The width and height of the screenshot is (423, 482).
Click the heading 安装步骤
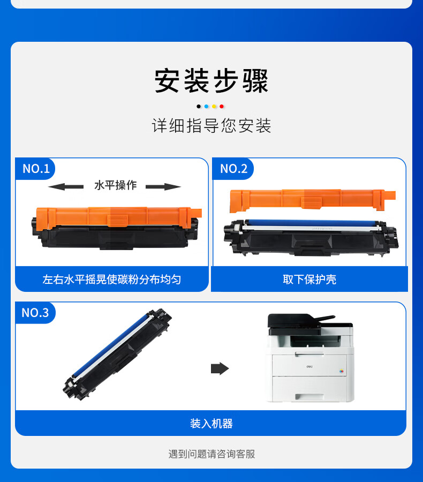pos(211,80)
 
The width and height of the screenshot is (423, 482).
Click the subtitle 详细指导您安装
pos(211,125)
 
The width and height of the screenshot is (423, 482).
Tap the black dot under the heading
pos(199,107)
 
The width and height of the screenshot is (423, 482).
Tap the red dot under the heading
pos(221,107)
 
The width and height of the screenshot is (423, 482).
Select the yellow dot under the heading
pos(214,107)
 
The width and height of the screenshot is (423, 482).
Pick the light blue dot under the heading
pos(206,107)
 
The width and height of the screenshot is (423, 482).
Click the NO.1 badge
pos(36,169)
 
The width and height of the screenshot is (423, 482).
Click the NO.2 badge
pos(233,169)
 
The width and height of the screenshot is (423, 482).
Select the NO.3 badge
pos(35,313)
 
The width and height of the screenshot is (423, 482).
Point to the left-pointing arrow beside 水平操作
pos(66,186)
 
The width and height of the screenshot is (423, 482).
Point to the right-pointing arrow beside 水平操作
pos(163,186)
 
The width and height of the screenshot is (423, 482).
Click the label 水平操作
pos(115,185)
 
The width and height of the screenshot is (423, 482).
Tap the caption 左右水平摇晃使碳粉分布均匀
pos(111,280)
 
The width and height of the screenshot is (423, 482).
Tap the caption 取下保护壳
pos(309,280)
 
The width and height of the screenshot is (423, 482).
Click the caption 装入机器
pos(211,423)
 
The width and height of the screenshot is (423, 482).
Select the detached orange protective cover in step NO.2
pos(312,200)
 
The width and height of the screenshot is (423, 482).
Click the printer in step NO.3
pos(311,358)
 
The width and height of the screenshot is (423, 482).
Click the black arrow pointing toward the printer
pos(220,368)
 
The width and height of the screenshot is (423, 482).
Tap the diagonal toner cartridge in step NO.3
pos(117,354)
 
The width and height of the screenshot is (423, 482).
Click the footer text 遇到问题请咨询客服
pos(211,454)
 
